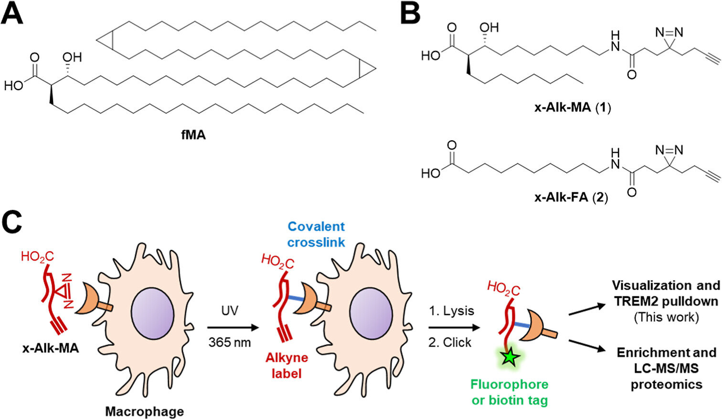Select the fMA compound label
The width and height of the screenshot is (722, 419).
tap(193, 135)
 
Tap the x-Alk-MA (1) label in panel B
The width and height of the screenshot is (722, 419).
tap(573, 107)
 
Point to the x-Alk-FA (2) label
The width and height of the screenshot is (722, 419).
tap(572, 197)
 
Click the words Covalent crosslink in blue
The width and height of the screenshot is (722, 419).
tap(316, 234)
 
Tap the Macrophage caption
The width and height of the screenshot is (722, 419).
tap(144, 411)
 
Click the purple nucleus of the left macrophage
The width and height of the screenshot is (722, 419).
tap(152, 318)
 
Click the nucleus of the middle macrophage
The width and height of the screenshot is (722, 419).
tap(371, 318)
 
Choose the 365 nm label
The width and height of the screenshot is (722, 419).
tap(230, 342)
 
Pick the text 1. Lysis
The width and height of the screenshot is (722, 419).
tap(451, 311)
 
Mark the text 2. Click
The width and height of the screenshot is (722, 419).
tap(450, 342)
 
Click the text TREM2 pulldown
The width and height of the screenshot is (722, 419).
tap(666, 301)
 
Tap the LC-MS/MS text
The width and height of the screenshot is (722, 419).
tap(667, 368)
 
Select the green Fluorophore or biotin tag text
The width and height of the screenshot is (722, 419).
tap(510, 392)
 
